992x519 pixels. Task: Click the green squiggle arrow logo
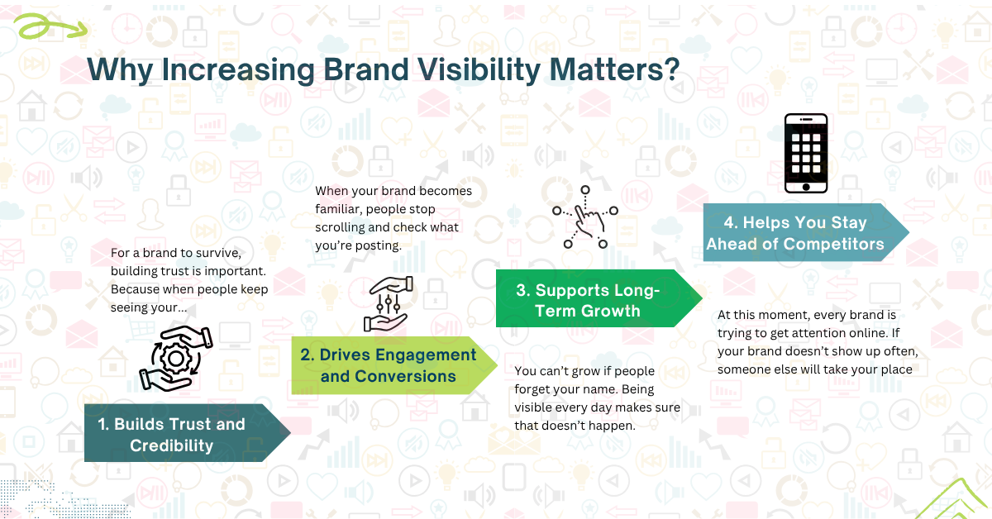point(50,28)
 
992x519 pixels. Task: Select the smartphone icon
point(806,154)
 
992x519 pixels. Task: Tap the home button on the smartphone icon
point(806,187)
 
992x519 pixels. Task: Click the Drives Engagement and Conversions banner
point(388,365)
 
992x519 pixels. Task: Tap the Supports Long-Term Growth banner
point(588,300)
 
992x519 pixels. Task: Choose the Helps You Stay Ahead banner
point(794,233)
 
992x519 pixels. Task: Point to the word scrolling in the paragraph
point(345,227)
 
